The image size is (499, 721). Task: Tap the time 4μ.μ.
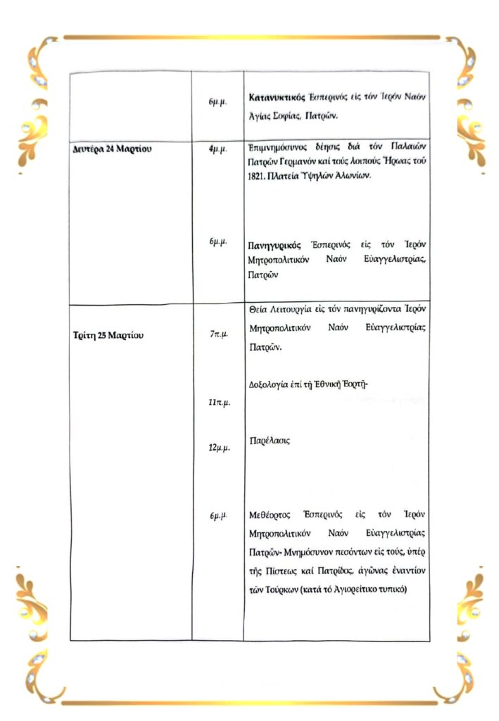point(217,150)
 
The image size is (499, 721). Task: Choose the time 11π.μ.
point(218,403)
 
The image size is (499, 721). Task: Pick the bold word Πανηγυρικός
point(275,245)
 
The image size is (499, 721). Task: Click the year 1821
point(260,176)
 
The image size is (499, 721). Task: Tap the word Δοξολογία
point(270,384)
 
